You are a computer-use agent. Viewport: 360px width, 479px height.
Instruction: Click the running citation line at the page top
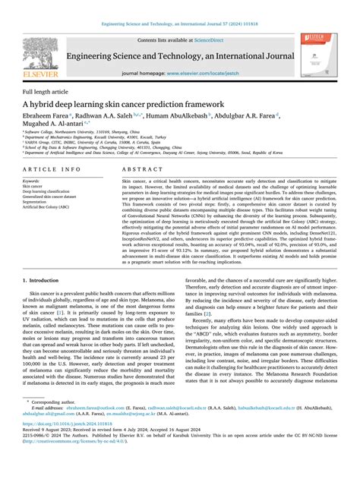[x=179, y=26]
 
